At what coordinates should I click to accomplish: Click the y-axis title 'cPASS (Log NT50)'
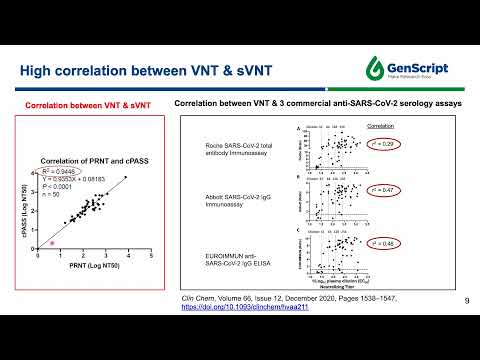[x=35, y=210]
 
